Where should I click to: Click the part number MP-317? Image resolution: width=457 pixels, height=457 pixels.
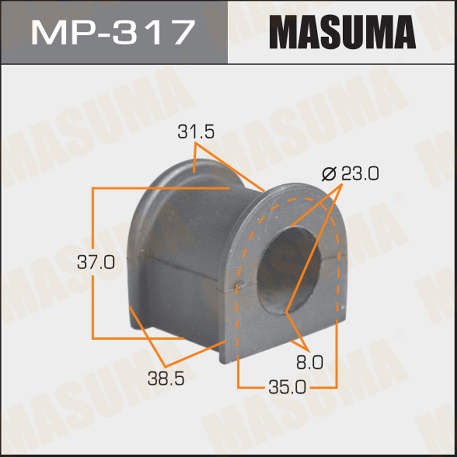click(113, 32)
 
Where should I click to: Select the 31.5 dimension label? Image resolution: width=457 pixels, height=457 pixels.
click(196, 132)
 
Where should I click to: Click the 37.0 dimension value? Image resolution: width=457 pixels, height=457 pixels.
click(96, 262)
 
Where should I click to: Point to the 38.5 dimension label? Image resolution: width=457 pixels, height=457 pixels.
click(166, 379)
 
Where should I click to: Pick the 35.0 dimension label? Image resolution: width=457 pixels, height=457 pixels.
click(287, 387)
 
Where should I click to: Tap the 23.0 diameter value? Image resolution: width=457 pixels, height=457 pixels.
click(360, 174)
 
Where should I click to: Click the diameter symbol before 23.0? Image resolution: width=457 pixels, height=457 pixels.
click(330, 174)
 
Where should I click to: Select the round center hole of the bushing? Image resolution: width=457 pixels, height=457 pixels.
click(289, 270)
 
